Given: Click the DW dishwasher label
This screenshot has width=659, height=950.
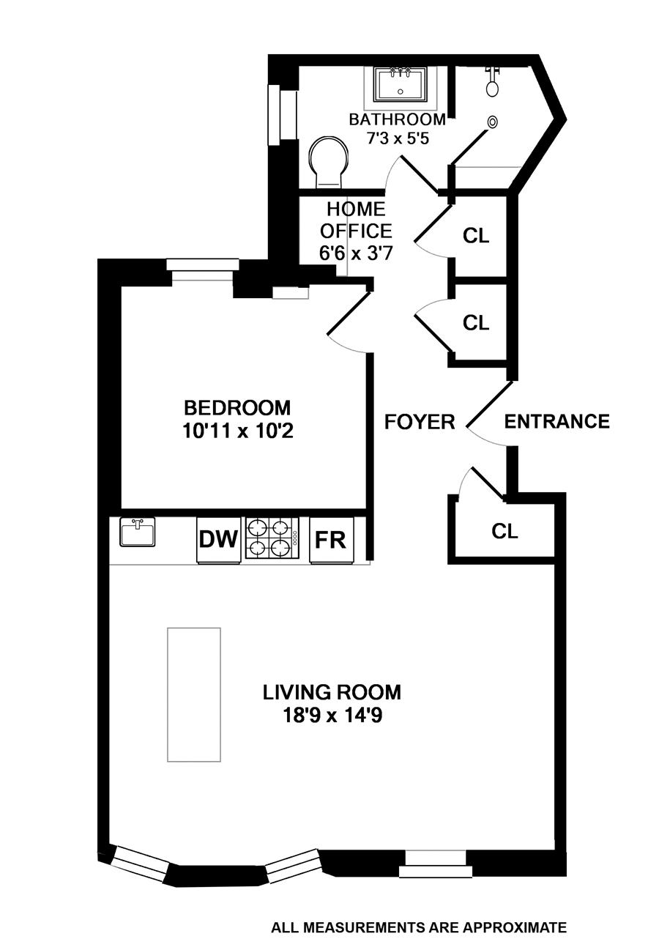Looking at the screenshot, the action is click(x=218, y=540).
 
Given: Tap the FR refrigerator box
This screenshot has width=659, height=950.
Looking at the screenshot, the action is click(x=331, y=540).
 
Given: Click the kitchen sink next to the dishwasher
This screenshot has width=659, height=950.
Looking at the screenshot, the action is click(x=138, y=532).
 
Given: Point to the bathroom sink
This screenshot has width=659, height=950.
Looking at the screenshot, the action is click(x=400, y=84).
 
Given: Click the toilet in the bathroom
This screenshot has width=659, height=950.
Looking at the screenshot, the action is click(x=328, y=161).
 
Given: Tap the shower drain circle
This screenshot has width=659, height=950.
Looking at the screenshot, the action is click(x=494, y=122).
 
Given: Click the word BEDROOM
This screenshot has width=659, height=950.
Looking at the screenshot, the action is click(x=237, y=407).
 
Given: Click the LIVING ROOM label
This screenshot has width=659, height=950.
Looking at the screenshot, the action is click(x=332, y=691).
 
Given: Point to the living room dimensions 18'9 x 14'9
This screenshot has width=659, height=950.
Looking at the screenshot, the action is click(x=332, y=715).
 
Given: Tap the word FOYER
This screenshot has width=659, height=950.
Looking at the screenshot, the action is click(x=420, y=422).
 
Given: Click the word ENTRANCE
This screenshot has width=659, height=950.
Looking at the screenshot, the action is click(x=556, y=421).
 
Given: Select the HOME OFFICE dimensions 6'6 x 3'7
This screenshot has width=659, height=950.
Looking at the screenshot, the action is click(x=355, y=253).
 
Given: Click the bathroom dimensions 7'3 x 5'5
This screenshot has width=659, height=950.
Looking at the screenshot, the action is click(x=397, y=138).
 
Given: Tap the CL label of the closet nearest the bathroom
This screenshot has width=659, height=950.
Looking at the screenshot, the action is click(x=476, y=236).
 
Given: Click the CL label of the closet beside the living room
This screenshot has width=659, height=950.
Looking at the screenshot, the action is click(x=505, y=531).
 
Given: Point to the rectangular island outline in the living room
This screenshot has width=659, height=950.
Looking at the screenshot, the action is click(x=194, y=694).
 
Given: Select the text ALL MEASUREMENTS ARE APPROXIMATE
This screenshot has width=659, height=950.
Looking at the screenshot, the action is click(x=418, y=927).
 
